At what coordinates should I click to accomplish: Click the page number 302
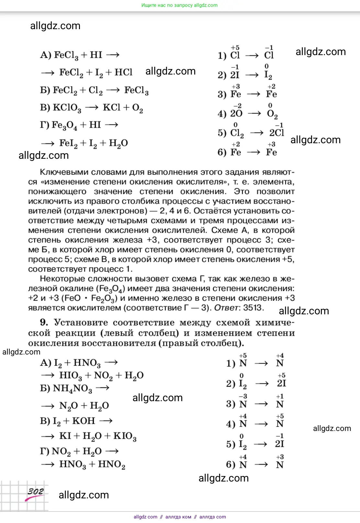[35, 492]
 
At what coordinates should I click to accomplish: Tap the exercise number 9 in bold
[44, 322]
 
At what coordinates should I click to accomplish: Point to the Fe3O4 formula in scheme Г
[64, 125]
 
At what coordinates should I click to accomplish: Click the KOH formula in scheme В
[84, 421]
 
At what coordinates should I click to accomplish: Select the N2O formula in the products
[68, 406]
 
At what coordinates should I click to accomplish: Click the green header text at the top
[179, 5]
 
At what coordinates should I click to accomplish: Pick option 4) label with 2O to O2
[222, 114]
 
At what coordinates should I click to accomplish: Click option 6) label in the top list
[222, 152]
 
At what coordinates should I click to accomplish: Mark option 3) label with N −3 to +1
[231, 404]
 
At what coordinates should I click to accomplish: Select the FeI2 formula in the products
[68, 143]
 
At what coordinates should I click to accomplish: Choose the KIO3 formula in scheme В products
[125, 436]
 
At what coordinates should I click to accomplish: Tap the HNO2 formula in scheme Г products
[111, 464]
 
